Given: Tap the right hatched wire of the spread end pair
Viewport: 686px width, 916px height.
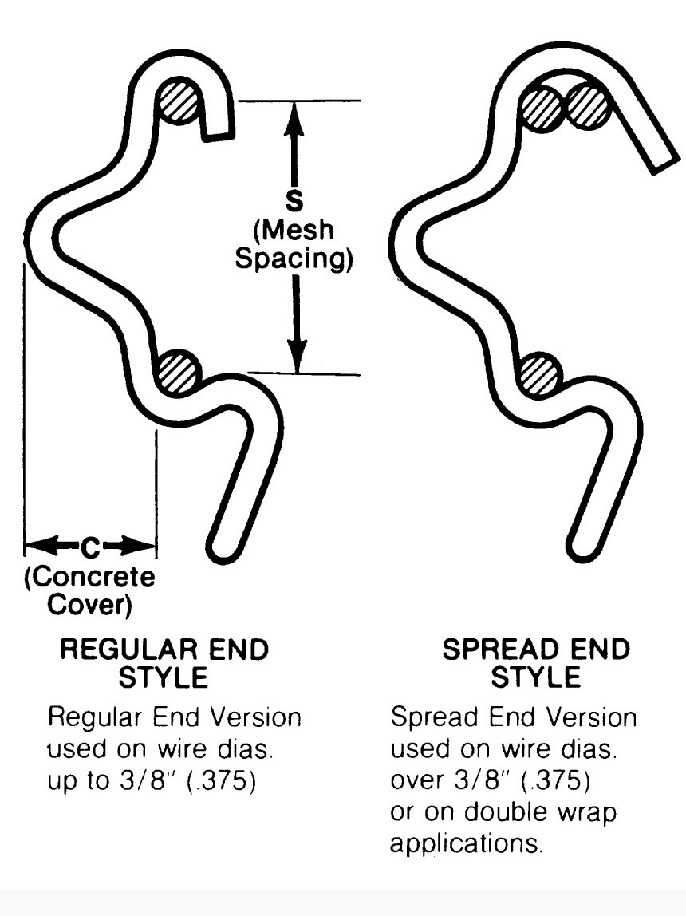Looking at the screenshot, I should tap(589, 106).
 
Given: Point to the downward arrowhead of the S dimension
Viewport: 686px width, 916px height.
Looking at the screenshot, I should tap(297, 359).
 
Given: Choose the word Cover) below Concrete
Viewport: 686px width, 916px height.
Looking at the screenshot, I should tap(90, 605).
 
